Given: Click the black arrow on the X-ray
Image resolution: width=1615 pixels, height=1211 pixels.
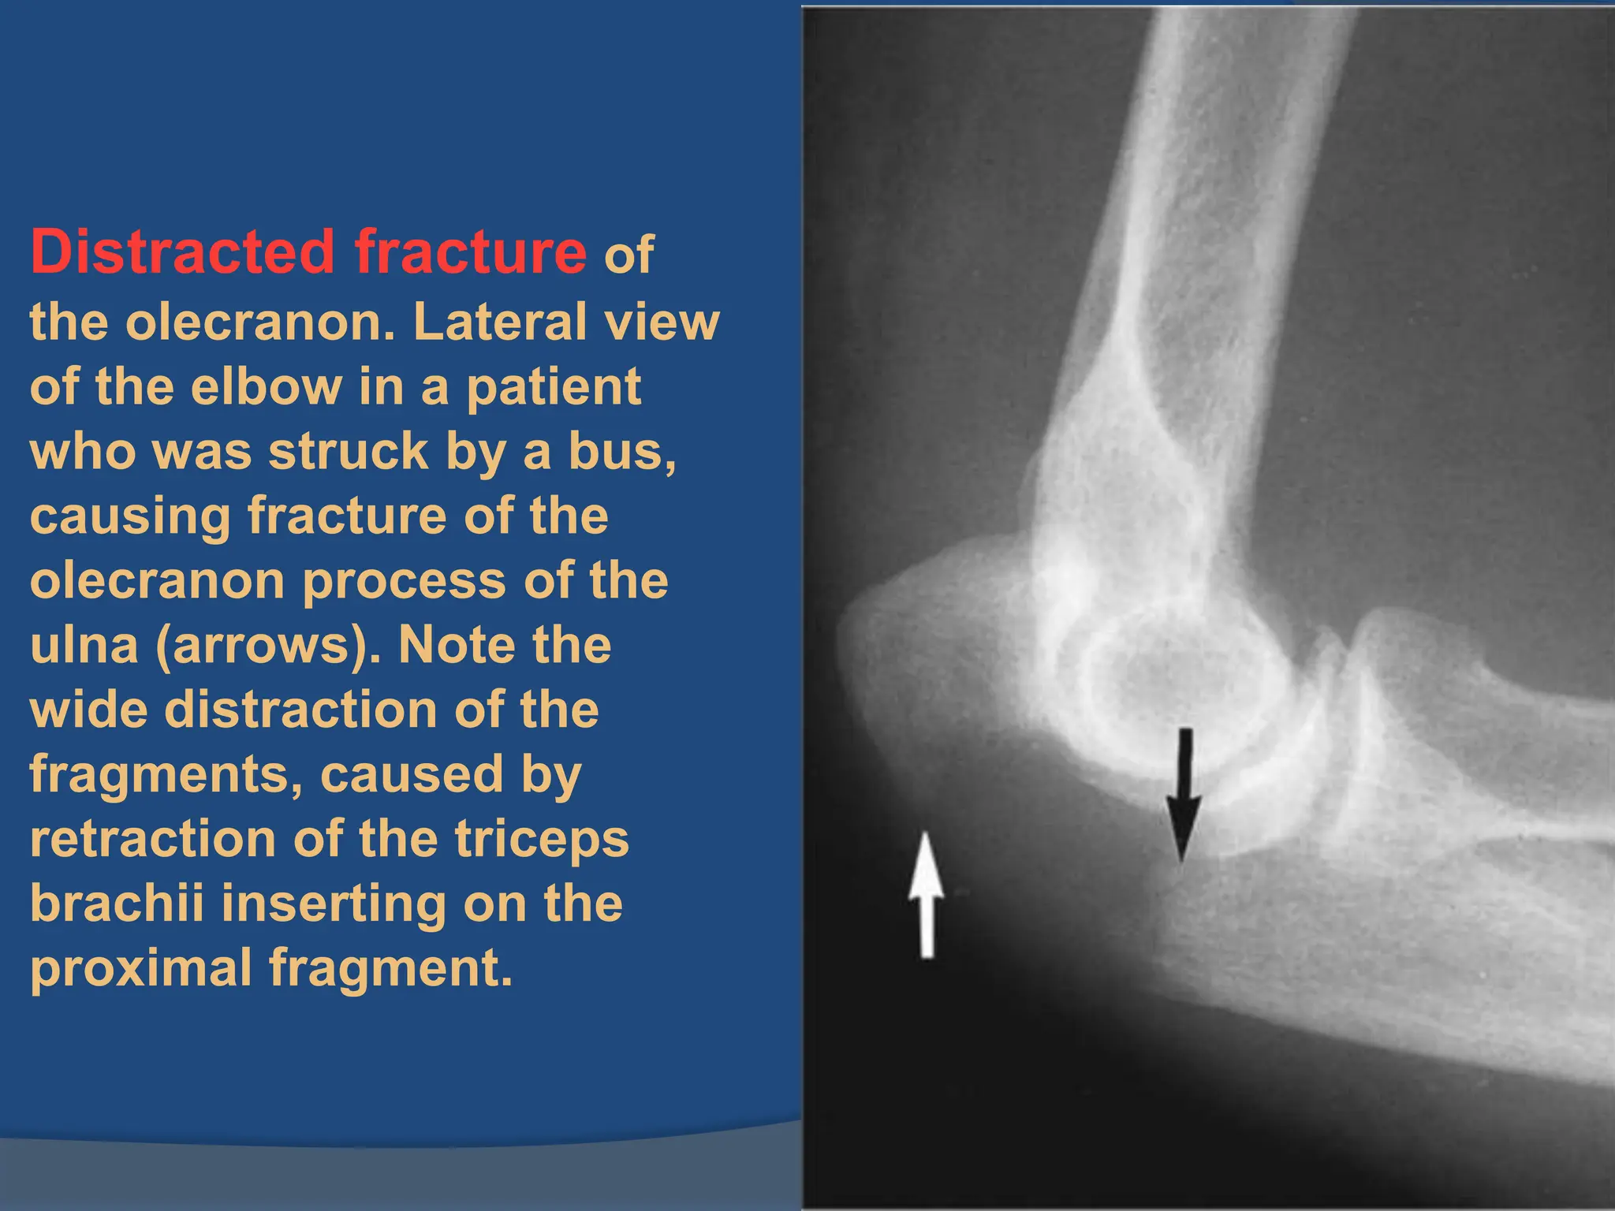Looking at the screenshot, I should [1183, 796].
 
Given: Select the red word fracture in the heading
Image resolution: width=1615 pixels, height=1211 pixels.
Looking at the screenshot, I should [470, 252].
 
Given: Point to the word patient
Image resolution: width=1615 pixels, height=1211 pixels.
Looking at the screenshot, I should [554, 388].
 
